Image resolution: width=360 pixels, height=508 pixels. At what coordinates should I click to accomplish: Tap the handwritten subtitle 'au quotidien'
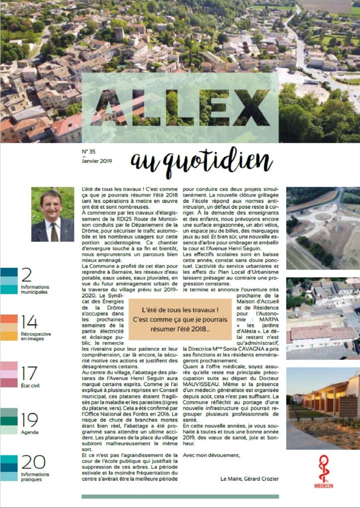click(202, 161)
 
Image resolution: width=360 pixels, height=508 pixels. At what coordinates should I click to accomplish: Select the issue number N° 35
click(88, 152)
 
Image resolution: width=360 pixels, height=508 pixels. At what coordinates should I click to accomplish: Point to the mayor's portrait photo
click(53, 214)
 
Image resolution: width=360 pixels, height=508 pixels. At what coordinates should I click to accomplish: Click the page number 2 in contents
click(27, 275)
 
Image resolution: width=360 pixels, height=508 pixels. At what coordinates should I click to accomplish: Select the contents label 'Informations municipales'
click(35, 289)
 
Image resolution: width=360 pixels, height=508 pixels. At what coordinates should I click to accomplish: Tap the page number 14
click(29, 322)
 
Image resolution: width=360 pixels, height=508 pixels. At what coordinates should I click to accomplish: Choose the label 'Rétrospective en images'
click(36, 336)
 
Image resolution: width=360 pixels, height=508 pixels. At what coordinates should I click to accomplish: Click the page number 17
click(29, 373)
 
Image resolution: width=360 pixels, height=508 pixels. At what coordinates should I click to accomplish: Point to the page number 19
click(29, 420)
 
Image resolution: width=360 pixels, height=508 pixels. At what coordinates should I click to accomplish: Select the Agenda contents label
click(29, 432)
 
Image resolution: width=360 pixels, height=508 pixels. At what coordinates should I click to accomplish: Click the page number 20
click(33, 462)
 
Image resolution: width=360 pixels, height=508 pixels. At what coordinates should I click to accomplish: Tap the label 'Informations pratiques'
click(35, 477)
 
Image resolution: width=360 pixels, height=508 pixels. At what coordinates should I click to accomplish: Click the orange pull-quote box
click(174, 316)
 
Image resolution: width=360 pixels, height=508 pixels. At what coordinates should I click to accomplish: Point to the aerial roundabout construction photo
click(323, 228)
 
